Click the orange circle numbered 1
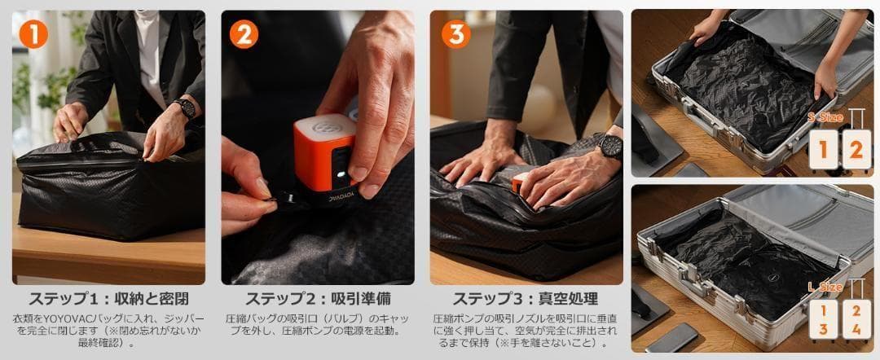[33, 33]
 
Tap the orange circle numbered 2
[244, 33]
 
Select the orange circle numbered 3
[455, 33]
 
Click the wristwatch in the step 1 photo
[185, 108]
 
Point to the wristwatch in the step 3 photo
[609, 146]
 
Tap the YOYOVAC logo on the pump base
[323, 196]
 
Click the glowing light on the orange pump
[336, 173]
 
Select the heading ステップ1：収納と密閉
[108, 298]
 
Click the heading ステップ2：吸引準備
[318, 298]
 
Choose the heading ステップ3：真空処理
[526, 298]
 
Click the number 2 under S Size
[856, 150]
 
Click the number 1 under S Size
[823, 150]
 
